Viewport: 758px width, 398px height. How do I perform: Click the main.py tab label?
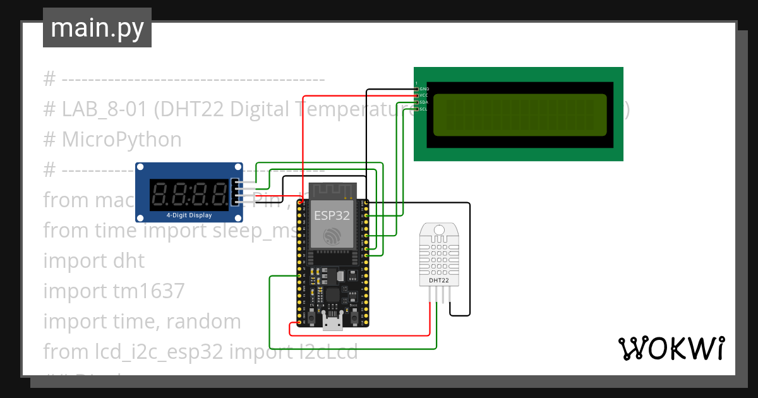tap(97, 28)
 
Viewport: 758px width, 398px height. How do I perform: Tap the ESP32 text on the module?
tap(332, 215)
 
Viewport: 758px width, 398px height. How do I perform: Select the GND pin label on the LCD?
tap(424, 89)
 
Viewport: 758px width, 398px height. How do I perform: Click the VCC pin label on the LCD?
tap(424, 95)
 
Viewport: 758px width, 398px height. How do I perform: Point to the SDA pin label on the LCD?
tap(424, 102)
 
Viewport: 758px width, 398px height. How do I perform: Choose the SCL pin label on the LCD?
tap(424, 109)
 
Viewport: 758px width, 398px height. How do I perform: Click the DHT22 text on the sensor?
tap(439, 279)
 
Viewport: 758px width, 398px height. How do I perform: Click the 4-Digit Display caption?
tap(189, 215)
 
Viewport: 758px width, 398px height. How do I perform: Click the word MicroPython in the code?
tap(121, 140)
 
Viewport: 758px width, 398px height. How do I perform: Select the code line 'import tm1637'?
tap(114, 291)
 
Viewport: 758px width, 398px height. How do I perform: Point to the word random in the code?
tap(203, 322)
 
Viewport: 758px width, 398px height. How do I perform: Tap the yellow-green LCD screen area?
tap(519, 115)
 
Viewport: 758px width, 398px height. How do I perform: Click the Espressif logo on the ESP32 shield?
tap(332, 236)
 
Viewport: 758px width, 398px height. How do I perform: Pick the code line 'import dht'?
tap(93, 261)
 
